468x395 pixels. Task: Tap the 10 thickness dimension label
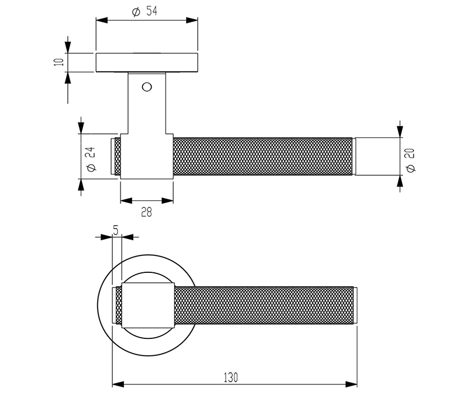(x=58, y=62)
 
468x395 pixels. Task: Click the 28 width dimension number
(x=146, y=213)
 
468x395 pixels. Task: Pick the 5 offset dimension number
(x=116, y=231)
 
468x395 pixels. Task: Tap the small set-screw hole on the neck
(x=146, y=87)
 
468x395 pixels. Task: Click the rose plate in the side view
(x=146, y=63)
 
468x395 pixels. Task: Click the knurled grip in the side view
(x=263, y=157)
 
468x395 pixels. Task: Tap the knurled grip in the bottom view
(x=263, y=305)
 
